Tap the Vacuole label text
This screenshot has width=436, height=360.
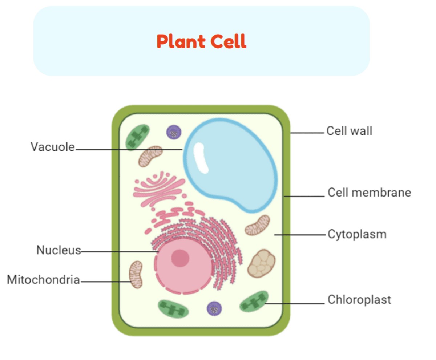click(x=52, y=147)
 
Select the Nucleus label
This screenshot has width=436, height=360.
click(x=58, y=250)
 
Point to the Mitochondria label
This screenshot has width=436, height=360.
click(x=43, y=280)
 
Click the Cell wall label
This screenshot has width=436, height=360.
click(x=349, y=131)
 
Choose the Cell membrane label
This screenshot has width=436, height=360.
click(x=369, y=192)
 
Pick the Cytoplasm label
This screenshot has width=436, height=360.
click(x=357, y=234)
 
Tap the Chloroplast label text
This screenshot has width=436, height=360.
click(x=359, y=300)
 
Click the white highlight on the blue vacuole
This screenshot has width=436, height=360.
click(x=201, y=158)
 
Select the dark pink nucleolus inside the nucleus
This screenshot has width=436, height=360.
click(x=180, y=258)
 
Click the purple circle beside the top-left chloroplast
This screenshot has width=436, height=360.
click(x=174, y=132)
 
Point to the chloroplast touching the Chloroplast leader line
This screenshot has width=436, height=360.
click(x=254, y=302)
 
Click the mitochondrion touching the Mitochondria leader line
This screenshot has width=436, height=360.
click(x=136, y=274)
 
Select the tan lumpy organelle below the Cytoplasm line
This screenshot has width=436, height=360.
click(x=261, y=263)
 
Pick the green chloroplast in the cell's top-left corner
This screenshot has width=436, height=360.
click(x=137, y=137)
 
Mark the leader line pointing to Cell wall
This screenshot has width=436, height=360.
click(x=307, y=133)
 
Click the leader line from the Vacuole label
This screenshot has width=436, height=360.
click(x=129, y=149)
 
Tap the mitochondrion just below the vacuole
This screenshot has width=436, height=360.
click(x=257, y=225)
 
